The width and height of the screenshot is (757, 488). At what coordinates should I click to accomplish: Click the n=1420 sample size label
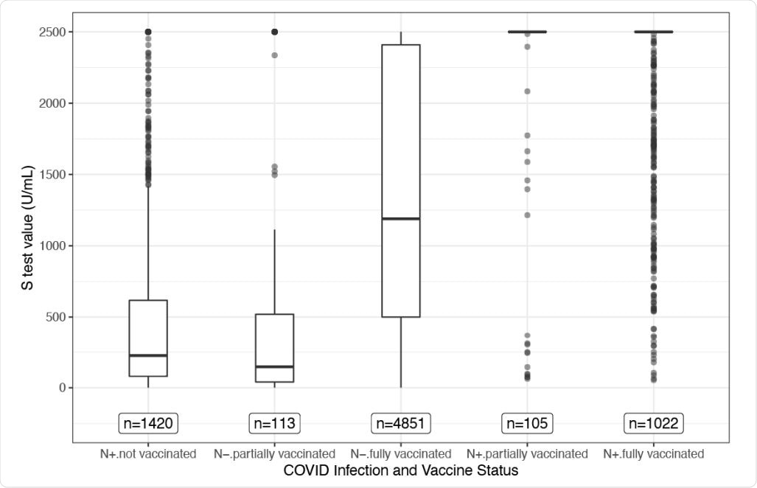coord(148,423)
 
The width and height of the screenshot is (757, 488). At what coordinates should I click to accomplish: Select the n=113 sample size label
coord(274,423)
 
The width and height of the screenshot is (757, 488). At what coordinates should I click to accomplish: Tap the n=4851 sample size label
coord(400,423)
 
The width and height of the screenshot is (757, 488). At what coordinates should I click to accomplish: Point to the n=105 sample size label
coord(527,423)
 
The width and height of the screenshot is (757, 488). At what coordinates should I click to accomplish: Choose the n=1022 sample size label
coord(653,423)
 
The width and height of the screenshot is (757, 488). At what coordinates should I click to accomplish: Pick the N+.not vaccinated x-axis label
coord(148,453)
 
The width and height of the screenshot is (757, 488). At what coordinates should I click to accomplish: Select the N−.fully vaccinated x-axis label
coord(400,453)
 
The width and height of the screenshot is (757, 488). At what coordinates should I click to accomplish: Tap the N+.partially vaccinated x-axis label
coord(527,453)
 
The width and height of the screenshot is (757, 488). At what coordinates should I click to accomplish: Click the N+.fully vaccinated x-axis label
coord(653,453)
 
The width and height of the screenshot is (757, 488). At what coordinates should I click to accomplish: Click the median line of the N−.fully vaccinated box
coord(400,218)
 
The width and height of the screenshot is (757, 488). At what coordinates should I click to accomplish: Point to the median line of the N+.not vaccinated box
coord(148,355)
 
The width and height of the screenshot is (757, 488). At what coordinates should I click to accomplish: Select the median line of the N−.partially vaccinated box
coord(274,366)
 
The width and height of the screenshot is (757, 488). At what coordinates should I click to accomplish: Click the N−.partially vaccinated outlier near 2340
coord(274,55)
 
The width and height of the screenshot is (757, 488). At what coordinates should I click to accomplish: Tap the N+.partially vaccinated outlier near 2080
coord(527,91)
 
